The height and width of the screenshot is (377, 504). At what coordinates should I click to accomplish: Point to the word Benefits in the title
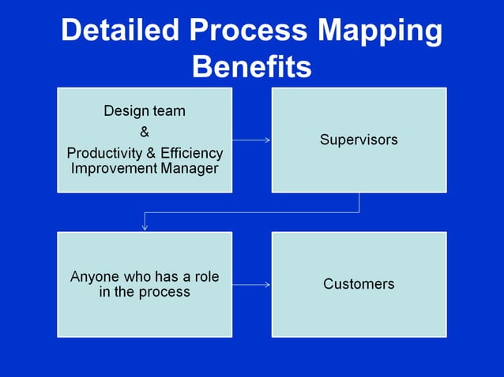point(251,66)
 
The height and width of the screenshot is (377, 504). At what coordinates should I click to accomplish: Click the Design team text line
point(145,111)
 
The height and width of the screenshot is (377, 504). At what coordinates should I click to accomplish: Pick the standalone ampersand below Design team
point(145,132)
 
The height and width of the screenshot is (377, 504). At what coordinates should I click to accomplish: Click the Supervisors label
point(359,140)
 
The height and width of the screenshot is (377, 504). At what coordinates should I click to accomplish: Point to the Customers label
point(359,284)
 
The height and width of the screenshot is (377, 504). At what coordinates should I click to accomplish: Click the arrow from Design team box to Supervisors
point(251,140)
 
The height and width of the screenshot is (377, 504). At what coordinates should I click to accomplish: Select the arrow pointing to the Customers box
point(251,284)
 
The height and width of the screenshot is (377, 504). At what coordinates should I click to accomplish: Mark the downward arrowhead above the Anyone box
point(145,226)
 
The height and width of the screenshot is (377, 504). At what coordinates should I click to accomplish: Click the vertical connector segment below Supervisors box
point(359,202)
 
